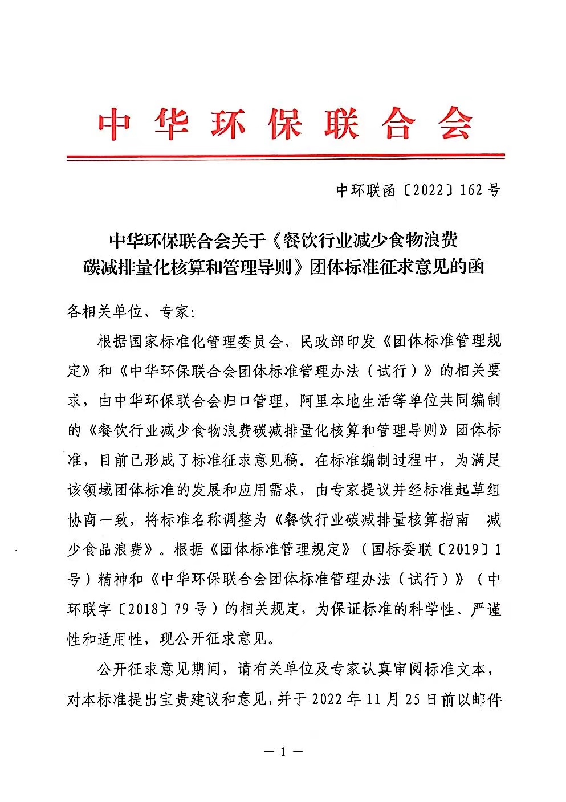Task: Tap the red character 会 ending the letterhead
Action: [x=455, y=123]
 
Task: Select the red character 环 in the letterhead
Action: [x=228, y=123]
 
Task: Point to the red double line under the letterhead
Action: [x=286, y=156]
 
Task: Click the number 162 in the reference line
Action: [x=470, y=190]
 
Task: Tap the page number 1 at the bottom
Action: [x=283, y=751]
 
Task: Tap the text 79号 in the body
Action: [x=191, y=608]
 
